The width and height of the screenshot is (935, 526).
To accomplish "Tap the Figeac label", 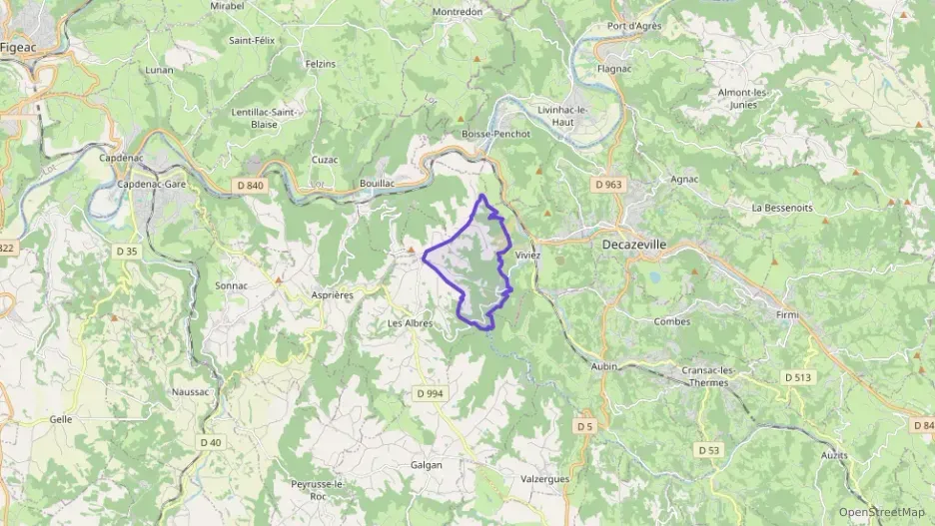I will point(19,46).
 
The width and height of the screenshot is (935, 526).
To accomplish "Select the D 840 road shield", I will point(251,185).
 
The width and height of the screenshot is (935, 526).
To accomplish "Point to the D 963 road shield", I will point(607,185).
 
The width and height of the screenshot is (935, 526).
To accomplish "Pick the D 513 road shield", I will point(797,377).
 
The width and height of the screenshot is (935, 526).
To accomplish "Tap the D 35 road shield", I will point(127,252).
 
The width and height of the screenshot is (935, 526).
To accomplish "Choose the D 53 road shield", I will point(707,450).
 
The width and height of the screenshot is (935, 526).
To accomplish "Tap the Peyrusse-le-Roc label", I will point(317,489).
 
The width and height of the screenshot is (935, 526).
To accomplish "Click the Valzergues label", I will point(545,479).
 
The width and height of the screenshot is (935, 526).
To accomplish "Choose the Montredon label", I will point(458,12).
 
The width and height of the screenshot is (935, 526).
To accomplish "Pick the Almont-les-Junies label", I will point(742,98).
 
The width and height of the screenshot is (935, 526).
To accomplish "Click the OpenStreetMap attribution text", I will point(882,512).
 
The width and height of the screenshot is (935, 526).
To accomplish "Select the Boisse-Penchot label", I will point(496,134).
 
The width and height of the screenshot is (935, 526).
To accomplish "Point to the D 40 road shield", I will point(210,442).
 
